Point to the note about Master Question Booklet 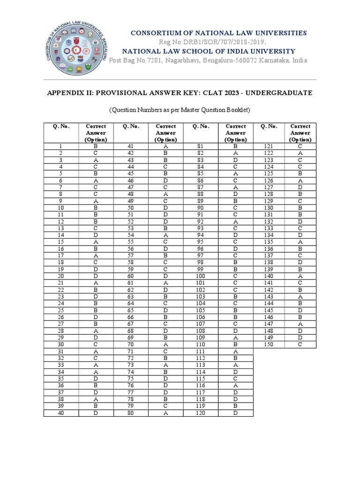180,110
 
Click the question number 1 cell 61,146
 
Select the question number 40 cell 61,413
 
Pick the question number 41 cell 131,146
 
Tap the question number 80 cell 131,413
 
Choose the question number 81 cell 201,146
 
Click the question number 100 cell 201,276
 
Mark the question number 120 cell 201,413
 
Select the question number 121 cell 269,146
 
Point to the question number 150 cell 269,345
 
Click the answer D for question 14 96,235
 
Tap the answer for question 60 166,276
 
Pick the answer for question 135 300,242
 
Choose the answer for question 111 236,352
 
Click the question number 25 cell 61,310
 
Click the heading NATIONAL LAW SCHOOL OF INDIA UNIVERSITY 209,51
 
